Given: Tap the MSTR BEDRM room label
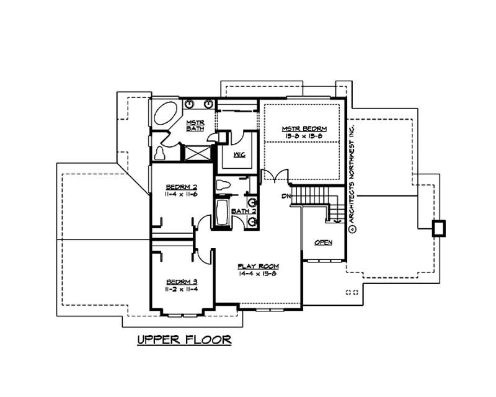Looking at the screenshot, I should click(x=303, y=128).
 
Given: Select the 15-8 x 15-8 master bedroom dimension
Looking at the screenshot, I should click(x=303, y=135).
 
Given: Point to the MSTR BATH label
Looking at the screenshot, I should click(x=195, y=125).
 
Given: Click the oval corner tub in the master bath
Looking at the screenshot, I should click(x=165, y=117).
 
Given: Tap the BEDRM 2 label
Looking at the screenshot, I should click(x=181, y=187).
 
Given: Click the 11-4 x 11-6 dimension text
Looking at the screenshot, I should click(x=181, y=194).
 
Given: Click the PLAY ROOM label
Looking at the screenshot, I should click(x=258, y=266).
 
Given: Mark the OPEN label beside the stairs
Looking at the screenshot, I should click(x=323, y=242).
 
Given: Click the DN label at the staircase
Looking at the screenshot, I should click(x=286, y=197).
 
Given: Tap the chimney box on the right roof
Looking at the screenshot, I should click(x=438, y=228).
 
